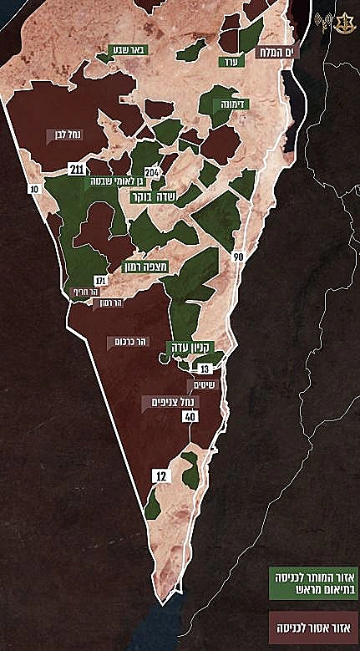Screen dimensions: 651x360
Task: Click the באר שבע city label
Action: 129,50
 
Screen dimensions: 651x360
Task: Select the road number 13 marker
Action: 205,368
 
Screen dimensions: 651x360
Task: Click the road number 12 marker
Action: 160,475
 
